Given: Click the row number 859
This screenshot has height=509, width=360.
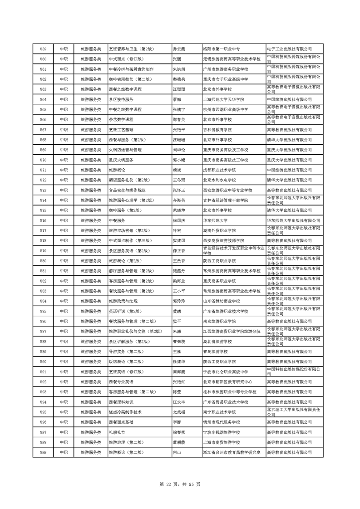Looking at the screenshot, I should coord(43,49).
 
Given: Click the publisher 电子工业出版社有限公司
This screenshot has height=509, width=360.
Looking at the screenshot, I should coord(289,49).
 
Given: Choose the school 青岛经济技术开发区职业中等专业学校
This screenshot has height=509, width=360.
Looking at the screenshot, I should coord(233,250).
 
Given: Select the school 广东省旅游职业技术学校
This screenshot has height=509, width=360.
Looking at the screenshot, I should coord(226,311).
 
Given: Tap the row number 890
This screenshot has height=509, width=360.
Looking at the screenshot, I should coord(43,362).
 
